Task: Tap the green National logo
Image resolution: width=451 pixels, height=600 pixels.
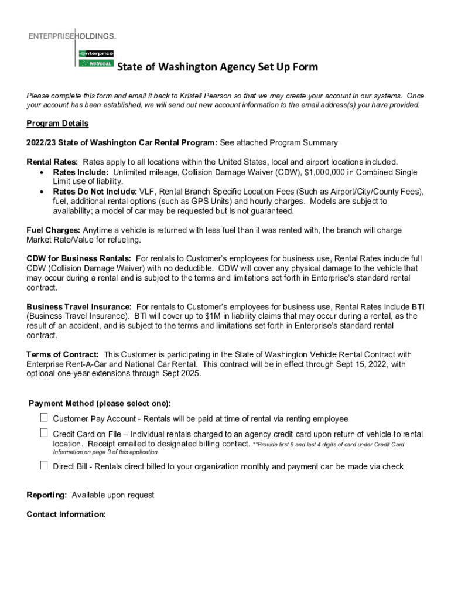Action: point(96,63)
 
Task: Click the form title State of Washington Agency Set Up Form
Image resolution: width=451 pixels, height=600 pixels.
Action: point(217,67)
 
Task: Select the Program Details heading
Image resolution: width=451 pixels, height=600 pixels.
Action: point(57,124)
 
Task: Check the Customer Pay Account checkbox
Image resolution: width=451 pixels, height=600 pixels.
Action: point(44,418)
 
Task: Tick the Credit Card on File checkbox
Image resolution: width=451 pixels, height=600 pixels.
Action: point(44,433)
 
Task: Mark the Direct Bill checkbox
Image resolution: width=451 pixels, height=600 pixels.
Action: point(44,465)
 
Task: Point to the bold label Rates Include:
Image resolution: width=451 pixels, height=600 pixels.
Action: point(80,172)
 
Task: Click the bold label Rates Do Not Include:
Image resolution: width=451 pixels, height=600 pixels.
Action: point(95,192)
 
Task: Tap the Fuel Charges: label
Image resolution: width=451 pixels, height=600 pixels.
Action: point(54,230)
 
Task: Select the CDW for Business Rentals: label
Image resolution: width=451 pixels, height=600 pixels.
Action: point(78,258)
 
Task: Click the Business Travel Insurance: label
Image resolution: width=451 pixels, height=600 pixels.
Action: point(78,306)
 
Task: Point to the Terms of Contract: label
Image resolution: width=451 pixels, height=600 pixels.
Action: point(62,354)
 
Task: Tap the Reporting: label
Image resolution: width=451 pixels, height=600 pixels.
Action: point(46,495)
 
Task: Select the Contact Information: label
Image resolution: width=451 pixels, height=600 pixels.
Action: point(66,514)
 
